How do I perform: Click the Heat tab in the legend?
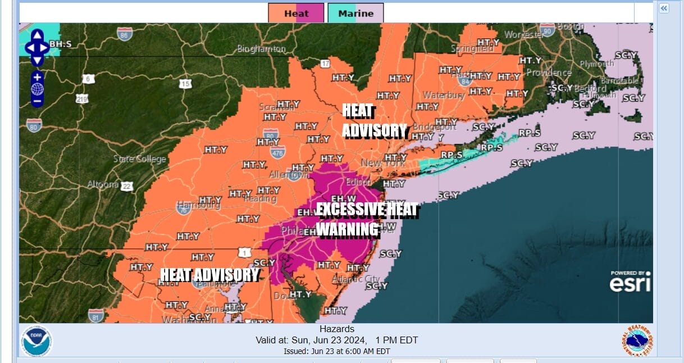(x=296, y=13)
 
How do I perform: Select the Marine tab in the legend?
(x=355, y=13)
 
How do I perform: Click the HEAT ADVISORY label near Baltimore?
(x=209, y=275)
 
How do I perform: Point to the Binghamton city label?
(x=261, y=49)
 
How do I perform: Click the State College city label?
(x=140, y=159)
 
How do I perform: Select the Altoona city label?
(x=103, y=184)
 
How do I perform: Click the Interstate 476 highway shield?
(x=277, y=151)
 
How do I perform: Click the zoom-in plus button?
(x=37, y=77)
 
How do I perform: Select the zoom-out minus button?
(x=37, y=101)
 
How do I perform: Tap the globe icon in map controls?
(x=37, y=89)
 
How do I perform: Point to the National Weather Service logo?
(x=637, y=341)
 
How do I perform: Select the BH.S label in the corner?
(x=60, y=44)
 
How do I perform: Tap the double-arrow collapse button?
(x=664, y=8)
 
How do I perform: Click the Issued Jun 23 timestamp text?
(x=336, y=351)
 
